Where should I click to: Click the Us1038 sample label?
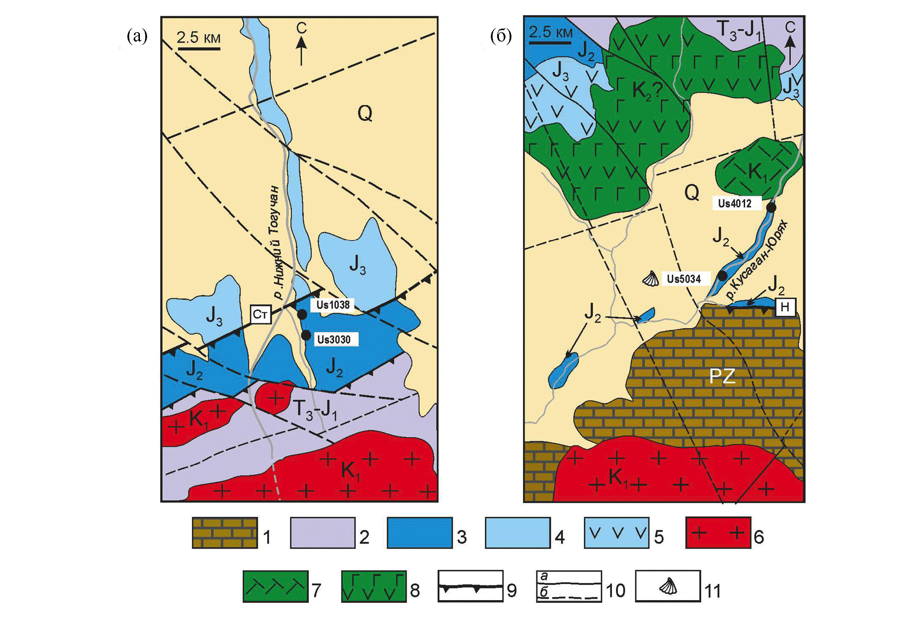coord(333,305)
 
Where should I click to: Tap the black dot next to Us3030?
coord(306,335)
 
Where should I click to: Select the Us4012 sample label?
coord(734,203)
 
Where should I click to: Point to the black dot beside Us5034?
coord(722,275)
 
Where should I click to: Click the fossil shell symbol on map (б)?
coord(651,279)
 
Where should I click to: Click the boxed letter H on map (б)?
coord(785,307)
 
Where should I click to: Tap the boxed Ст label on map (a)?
coord(260,314)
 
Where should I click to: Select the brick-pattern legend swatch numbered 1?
coord(225,533)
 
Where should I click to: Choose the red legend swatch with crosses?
coord(718,533)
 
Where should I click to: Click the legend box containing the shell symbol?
coord(668,586)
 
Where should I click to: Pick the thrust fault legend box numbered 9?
coord(470,586)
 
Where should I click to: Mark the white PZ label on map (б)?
coord(722,377)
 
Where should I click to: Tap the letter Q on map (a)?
coord(365,114)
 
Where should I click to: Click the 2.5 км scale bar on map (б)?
coord(550,43)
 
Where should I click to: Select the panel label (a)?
coord(137,36)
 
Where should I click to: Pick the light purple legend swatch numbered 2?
coord(323,533)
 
